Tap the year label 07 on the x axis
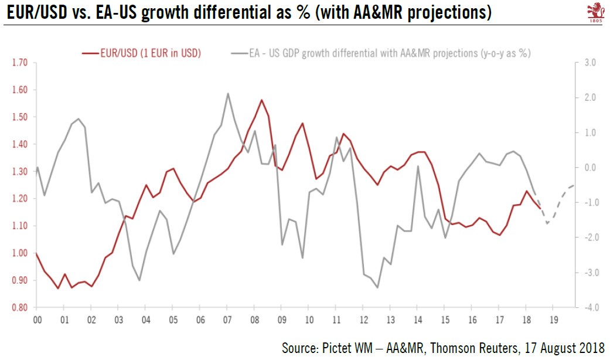point(227,321)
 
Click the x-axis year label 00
point(37,321)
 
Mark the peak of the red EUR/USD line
point(261,100)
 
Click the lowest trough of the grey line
point(377,287)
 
